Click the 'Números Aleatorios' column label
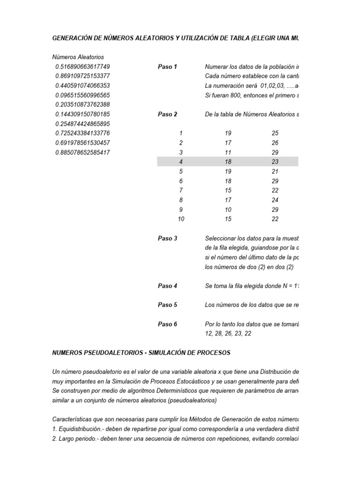click(78, 57)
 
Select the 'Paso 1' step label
click(167, 67)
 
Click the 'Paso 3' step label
click(167, 238)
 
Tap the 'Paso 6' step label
click(167, 324)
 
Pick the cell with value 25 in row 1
click(275, 133)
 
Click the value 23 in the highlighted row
click(275, 162)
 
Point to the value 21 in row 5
click(275, 171)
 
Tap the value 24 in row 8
click(275, 200)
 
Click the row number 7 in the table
click(181, 190)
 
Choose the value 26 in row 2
click(275, 142)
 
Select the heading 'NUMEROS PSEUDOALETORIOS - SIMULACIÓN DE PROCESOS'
click(142, 352)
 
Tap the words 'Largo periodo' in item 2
click(76, 438)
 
